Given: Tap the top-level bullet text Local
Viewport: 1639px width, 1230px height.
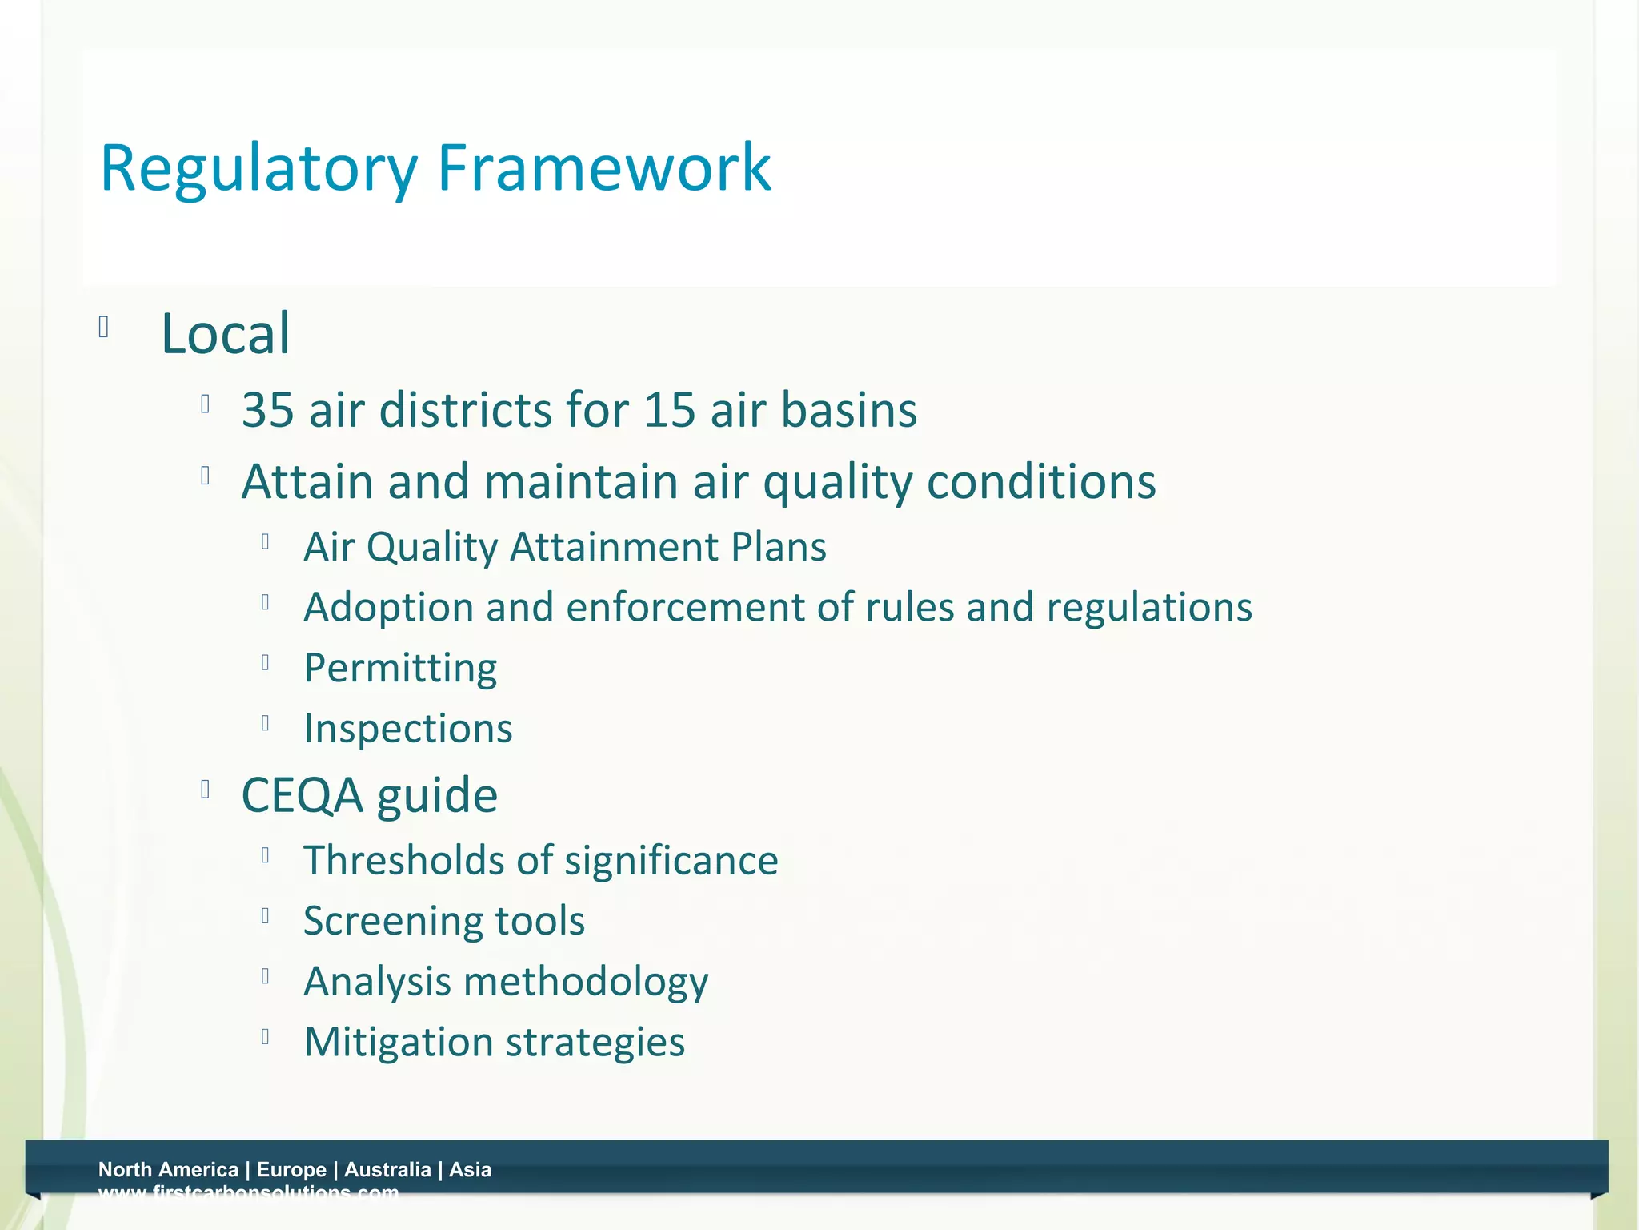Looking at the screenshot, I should (x=225, y=333).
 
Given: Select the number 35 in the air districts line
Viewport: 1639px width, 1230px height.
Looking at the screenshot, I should (x=268, y=410).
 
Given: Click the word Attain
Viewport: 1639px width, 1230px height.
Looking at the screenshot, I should (x=307, y=482).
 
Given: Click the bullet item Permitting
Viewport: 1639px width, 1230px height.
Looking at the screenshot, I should (x=400, y=668).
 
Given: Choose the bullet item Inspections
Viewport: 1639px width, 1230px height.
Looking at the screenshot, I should (x=408, y=729).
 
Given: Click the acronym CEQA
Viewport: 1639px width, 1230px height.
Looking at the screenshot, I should (x=302, y=796).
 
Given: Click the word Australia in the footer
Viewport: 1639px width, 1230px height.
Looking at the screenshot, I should (x=387, y=1169).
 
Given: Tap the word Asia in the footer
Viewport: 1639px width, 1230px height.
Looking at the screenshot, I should (x=470, y=1169).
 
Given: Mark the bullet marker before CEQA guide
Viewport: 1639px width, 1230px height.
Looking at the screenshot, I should (x=206, y=790).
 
